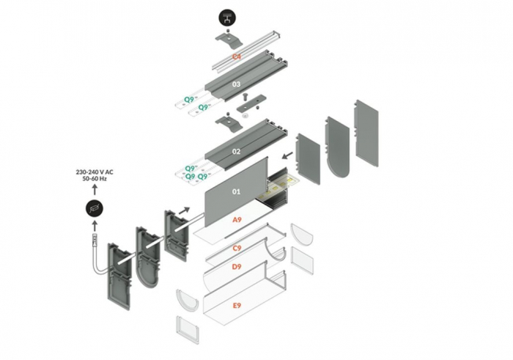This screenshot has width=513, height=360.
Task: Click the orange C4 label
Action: [237, 56]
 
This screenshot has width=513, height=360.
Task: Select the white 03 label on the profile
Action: [236, 84]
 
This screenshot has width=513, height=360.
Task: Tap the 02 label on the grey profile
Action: [236, 151]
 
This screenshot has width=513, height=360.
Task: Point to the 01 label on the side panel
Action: [236, 192]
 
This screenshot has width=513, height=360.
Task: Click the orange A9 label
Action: [237, 220]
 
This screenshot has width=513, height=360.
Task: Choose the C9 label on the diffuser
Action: [237, 249]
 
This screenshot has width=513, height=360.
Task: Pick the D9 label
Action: [237, 266]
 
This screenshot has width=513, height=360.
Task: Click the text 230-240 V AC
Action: [95, 172]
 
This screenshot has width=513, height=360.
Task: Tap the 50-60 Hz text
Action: [95, 179]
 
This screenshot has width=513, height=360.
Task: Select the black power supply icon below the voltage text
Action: [95, 208]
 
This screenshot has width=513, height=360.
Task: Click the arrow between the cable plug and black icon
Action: [95, 227]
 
